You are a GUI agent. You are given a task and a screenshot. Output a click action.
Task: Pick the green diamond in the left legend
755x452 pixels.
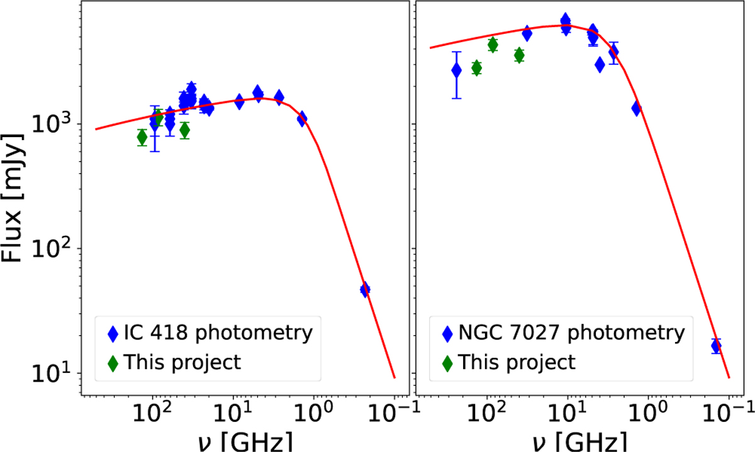pos(113,362)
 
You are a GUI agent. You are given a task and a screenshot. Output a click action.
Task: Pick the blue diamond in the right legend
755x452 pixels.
pos(447,333)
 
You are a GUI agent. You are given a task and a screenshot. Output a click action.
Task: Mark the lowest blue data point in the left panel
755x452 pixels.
pos(365,290)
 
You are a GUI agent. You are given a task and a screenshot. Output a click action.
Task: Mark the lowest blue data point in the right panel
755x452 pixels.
pos(716,345)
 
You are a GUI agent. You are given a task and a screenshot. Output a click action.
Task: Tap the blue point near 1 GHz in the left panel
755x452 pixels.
pos(303,118)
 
